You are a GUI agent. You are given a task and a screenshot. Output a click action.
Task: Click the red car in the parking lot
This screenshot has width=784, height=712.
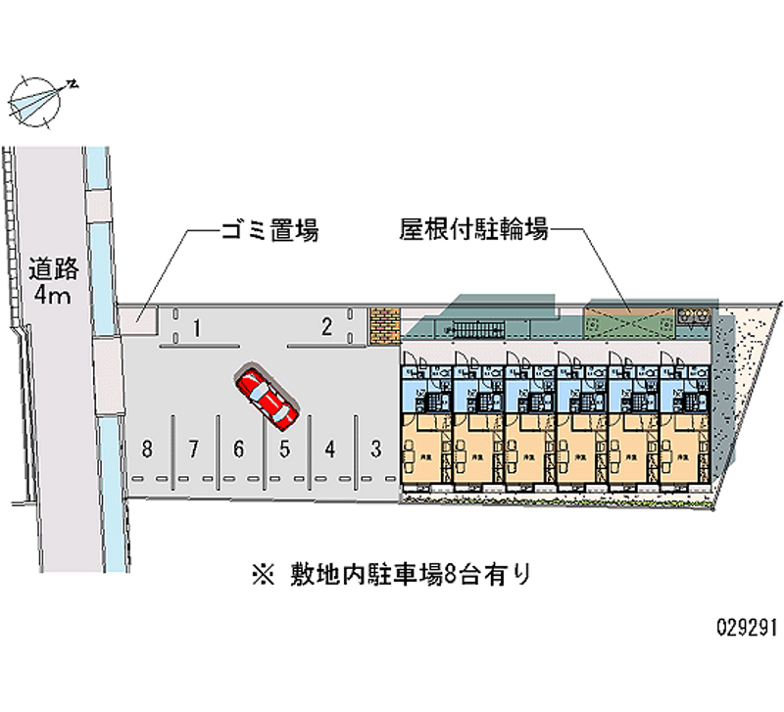[x=266, y=400]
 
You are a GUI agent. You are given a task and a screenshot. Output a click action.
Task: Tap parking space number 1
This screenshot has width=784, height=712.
[x=197, y=328]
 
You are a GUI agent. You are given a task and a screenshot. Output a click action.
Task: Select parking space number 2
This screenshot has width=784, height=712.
[x=327, y=327]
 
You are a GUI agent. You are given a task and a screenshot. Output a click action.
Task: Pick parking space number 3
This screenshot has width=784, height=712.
[x=375, y=450]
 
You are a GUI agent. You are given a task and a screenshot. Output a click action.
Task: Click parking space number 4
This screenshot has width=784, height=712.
[x=330, y=450]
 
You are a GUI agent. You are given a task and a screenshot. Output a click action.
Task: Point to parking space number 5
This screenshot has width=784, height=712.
[x=284, y=450]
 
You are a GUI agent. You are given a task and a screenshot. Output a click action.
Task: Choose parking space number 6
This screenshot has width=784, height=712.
[x=238, y=450]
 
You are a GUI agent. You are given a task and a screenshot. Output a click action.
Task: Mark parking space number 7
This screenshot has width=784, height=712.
[x=194, y=450]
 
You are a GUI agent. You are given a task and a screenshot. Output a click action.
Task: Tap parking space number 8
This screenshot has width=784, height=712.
[x=147, y=450]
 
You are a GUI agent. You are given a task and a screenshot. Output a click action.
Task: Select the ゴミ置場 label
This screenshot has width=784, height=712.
[x=267, y=232]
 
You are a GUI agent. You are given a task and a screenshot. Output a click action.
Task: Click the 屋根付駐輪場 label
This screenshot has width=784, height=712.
[x=473, y=231]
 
